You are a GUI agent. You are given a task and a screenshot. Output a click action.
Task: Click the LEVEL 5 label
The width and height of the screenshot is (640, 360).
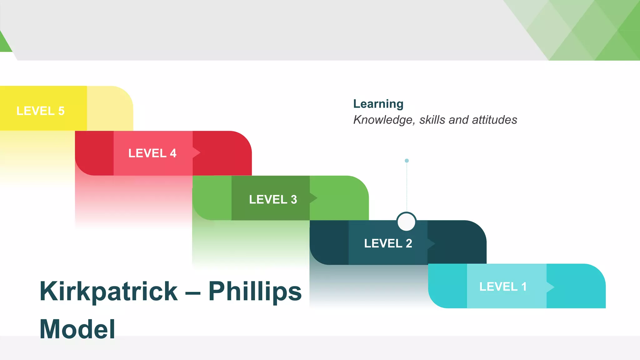coord(40,111)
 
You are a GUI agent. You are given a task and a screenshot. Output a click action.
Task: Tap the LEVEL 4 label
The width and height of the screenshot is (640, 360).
coord(152,153)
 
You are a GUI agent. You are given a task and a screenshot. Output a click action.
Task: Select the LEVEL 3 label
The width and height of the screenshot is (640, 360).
coord(273,199)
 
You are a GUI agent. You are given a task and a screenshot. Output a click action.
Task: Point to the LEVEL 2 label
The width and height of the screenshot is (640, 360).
coord(388,243)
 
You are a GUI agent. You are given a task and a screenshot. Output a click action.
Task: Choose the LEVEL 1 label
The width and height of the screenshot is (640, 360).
coord(503,287)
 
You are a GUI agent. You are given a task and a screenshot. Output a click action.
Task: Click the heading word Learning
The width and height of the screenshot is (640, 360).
coord(378,104)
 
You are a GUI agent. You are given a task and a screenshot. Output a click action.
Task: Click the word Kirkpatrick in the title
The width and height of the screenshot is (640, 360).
coord(109,291)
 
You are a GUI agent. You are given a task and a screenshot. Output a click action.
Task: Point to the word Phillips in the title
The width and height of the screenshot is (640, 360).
coord(255,291)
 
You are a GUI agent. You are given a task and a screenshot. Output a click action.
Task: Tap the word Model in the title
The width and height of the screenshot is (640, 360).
coord(77,329)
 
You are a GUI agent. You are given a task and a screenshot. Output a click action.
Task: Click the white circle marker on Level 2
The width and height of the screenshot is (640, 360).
coord(406,222)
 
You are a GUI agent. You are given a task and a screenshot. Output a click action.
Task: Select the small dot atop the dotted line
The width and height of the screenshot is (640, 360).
coord(407,161)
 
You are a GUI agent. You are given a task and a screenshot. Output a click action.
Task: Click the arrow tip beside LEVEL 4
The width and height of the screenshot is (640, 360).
coord(197,153)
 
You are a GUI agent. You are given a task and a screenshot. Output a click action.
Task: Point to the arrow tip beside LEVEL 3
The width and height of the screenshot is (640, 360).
coord(314,198)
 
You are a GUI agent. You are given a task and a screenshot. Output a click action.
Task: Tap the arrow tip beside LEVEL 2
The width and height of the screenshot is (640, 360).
coord(432,243)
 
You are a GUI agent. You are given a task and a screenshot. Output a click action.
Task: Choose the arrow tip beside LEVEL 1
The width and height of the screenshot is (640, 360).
coord(551,287)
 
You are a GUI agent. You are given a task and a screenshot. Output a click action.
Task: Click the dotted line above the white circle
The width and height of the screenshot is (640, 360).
coord(407,187)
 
